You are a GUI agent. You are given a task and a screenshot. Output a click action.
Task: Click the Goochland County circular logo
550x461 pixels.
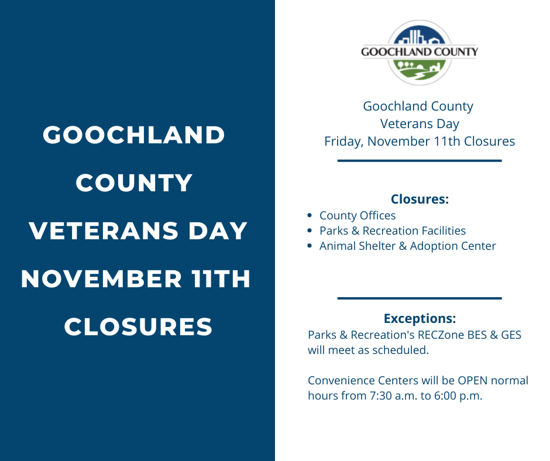(x=420, y=53)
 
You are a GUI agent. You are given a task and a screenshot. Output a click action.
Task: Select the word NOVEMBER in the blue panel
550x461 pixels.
(x=102, y=278)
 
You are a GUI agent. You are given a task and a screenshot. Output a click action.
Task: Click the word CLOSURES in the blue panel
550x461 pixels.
(x=138, y=326)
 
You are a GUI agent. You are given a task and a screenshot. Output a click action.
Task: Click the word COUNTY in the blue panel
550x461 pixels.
(x=134, y=183)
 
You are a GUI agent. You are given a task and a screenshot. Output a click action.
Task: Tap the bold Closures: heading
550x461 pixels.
(x=420, y=199)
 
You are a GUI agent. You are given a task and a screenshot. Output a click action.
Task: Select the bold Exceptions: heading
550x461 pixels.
(x=420, y=319)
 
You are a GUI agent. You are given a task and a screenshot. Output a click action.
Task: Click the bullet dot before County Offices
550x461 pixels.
(x=310, y=216)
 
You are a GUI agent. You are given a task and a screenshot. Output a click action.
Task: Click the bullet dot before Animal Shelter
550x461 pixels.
(x=310, y=246)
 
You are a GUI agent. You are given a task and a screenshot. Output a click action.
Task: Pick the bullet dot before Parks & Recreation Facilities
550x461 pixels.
(x=310, y=231)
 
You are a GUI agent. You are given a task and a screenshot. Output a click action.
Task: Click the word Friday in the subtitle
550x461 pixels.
(x=344, y=142)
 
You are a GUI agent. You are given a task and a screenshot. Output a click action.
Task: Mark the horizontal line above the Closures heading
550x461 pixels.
(x=420, y=160)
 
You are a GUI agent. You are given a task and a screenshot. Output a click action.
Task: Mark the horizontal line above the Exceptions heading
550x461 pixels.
(x=420, y=298)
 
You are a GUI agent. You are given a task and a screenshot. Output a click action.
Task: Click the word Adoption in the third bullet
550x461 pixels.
(x=432, y=246)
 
